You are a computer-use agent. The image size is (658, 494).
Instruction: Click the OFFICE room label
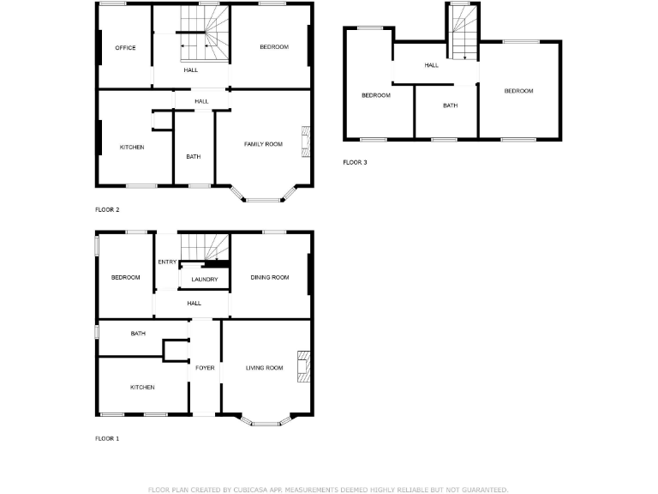tap(126, 48)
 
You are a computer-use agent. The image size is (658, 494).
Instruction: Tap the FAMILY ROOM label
tap(263, 144)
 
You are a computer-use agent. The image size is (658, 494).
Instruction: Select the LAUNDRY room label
tap(205, 280)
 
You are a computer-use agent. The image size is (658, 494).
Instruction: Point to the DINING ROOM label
tap(270, 277)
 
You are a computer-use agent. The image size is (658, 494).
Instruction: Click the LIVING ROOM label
tap(264, 368)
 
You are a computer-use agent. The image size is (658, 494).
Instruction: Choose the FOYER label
tap(205, 368)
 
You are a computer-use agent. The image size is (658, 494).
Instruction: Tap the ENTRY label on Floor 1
tap(167, 262)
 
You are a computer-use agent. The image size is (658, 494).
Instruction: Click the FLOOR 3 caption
tap(355, 162)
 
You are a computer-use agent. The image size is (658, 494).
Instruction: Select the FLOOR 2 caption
tap(107, 209)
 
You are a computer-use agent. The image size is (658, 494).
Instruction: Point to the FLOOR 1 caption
tap(107, 438)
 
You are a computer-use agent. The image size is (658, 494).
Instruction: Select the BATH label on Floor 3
tap(451, 105)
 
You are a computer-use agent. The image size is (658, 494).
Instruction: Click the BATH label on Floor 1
tap(138, 334)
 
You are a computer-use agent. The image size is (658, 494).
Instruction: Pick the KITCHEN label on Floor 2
tap(132, 148)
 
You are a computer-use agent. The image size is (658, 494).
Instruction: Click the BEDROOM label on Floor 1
tap(125, 277)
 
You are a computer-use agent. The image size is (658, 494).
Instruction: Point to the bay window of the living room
tap(265, 421)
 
